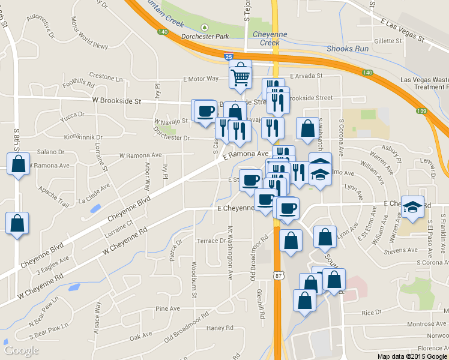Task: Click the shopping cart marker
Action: (240, 74)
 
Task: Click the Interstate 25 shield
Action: (228, 56)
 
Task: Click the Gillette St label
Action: (387, 41)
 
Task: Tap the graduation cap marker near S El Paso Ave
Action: (412, 207)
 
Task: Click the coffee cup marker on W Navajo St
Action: (205, 111)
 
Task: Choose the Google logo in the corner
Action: (21, 350)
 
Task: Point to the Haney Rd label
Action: (220, 328)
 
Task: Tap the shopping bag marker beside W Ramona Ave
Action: (19, 164)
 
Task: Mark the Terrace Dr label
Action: (211, 241)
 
